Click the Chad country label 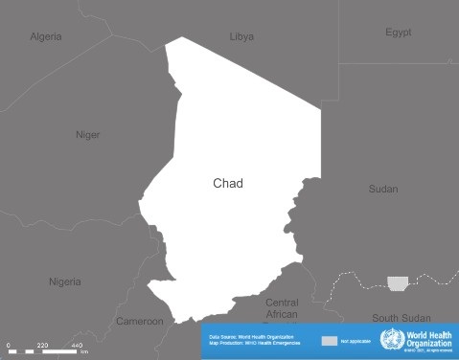pos(228,183)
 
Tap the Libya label pos(241,36)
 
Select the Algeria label pos(45,36)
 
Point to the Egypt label pos(399,33)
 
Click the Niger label pos(87,135)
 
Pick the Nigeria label pos(65,281)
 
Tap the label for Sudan pos(383,189)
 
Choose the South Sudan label pos(402,317)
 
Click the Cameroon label pos(140,321)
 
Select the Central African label pos(282,307)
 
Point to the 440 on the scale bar pos(77,345)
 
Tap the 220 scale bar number pos(42,345)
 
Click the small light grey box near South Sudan pos(397,283)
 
